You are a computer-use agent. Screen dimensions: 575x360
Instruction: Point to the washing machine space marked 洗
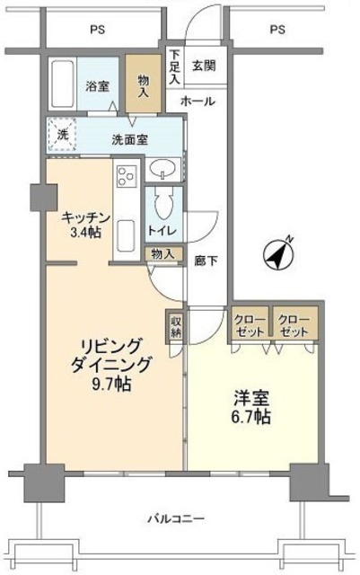(62, 135)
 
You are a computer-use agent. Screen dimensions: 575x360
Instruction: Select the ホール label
(197, 102)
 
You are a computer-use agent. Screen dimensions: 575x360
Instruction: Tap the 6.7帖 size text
(252, 418)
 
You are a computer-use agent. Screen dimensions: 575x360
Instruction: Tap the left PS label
(96, 30)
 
